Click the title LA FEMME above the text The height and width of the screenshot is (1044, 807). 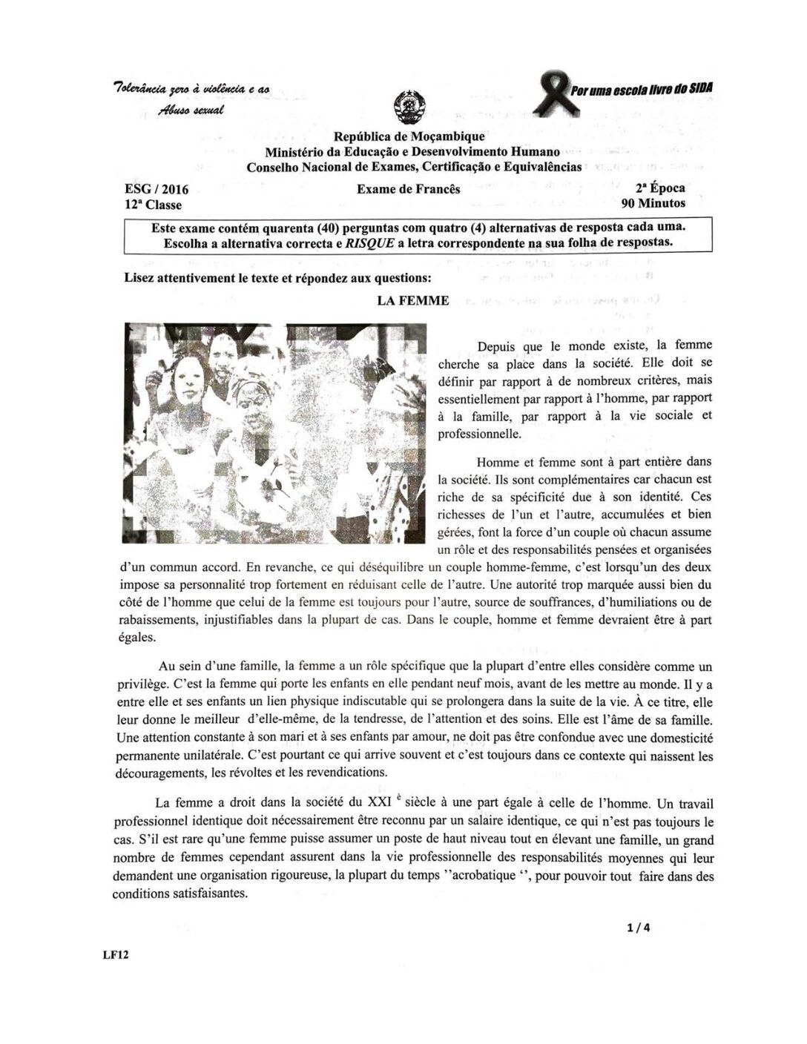pyautogui.click(x=413, y=300)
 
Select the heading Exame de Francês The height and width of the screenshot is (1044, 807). pyautogui.click(x=408, y=189)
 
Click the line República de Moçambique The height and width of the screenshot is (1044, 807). pyautogui.click(x=409, y=136)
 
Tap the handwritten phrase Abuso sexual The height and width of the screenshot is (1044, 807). pyautogui.click(x=189, y=109)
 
